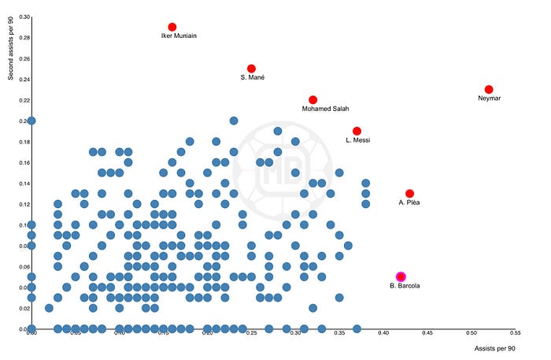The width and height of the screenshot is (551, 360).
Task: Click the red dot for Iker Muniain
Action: tap(172, 27)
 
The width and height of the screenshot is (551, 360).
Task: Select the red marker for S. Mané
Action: tap(251, 69)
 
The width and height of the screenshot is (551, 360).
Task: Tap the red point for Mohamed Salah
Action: tap(312, 100)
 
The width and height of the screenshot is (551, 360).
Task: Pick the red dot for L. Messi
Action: tap(357, 131)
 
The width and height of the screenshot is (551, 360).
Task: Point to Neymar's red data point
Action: tap(489, 90)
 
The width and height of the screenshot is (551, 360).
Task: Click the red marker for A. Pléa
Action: tap(409, 193)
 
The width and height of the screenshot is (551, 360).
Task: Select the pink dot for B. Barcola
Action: tap(401, 276)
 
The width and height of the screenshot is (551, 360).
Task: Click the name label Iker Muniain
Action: tap(179, 36)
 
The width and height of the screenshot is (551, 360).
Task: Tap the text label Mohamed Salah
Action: tap(326, 109)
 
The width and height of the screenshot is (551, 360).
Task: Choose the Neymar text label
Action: tap(489, 98)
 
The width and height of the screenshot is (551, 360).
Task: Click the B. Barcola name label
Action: tap(405, 285)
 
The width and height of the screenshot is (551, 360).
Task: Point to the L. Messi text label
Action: tap(358, 140)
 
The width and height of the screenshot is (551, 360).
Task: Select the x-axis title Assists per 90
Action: tap(495, 348)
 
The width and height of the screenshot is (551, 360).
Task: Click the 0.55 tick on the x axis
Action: tap(516, 333)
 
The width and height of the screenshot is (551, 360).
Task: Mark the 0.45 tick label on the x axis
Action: tap(427, 333)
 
